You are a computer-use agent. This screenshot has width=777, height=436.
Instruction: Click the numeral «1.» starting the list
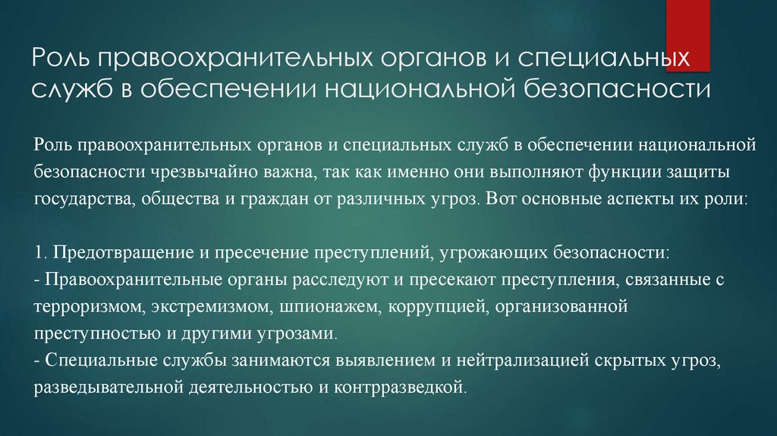[40, 253]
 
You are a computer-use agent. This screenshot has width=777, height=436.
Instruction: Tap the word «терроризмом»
[86, 308]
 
